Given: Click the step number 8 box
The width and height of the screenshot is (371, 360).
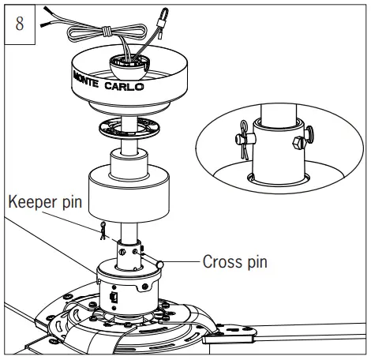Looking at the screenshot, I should point(21,21).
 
